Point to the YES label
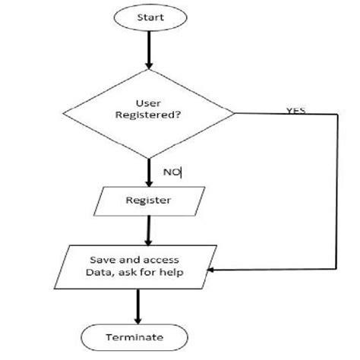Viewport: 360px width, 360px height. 296,110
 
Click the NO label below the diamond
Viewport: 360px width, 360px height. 172,172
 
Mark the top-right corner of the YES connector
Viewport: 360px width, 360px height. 336,115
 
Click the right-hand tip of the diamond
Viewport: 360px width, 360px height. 235,114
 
